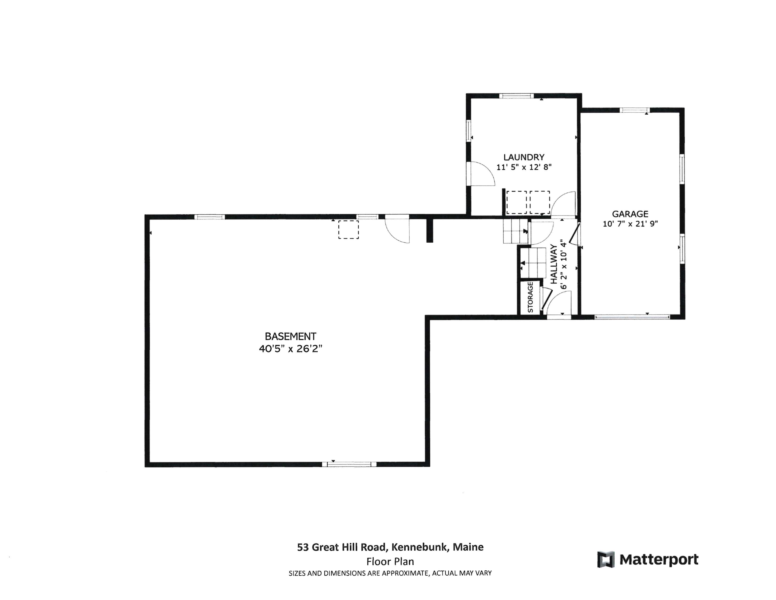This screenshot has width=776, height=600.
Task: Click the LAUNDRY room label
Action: point(524,157)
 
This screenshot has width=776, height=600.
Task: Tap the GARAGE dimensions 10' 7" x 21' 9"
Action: point(630,224)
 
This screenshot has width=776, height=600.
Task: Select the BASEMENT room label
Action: point(290,336)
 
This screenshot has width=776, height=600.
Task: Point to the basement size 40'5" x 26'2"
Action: point(290,349)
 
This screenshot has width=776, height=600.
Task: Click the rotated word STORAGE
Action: point(530,297)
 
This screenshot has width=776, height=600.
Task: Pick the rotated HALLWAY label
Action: point(554,264)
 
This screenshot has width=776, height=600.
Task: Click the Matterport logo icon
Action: point(606,560)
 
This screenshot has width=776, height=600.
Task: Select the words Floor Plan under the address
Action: point(390,562)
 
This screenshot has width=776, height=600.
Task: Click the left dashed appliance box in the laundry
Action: point(516,202)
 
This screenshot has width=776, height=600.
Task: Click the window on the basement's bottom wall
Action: point(349,464)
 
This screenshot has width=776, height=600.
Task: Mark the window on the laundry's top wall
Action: point(516,96)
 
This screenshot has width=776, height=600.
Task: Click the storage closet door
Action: point(545,298)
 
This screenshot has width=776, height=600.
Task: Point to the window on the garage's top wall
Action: point(635,110)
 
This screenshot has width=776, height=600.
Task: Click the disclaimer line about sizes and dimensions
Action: point(390,573)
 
